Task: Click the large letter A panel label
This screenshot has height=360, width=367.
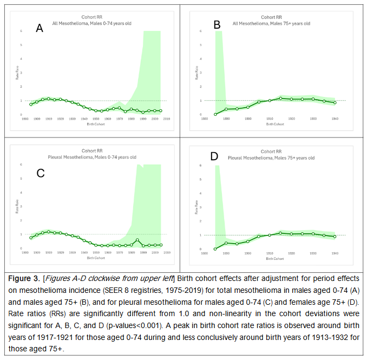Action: coord(40,29)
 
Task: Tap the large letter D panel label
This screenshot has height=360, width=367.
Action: coord(214,157)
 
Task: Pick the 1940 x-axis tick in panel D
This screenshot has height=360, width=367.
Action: coord(335,253)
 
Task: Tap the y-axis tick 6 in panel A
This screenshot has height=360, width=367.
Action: coord(21,31)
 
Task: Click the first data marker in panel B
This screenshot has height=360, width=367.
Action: coord(215,114)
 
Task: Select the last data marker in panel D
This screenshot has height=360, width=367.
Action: coord(335,237)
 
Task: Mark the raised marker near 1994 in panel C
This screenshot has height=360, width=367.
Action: coord(137,240)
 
